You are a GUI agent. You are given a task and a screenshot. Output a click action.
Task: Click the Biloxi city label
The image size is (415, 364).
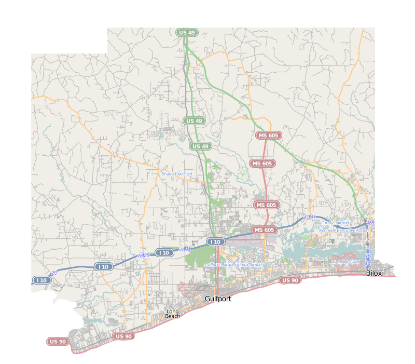point(375,273)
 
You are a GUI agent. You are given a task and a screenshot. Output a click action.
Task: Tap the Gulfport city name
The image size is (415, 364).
point(217,299)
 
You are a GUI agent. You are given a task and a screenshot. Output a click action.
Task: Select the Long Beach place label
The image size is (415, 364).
point(173,314)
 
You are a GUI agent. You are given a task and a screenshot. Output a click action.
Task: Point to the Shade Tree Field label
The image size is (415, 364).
point(177,173)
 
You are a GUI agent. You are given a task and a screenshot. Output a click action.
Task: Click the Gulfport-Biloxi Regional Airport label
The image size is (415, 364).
point(233,265)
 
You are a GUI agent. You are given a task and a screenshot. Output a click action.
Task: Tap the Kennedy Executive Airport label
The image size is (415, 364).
point(344,230)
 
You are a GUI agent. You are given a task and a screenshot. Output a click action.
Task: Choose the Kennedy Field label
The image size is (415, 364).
point(345,262)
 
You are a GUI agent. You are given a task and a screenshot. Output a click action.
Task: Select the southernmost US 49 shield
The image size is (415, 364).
point(200,146)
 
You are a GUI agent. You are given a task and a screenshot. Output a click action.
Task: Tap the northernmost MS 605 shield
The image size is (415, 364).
point(268,136)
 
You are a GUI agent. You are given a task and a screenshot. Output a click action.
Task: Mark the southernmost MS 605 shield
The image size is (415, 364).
point(264,230)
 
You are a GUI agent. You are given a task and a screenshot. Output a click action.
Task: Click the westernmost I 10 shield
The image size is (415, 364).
point(41,280)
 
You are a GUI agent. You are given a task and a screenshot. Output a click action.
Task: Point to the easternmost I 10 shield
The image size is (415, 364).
point(216,241)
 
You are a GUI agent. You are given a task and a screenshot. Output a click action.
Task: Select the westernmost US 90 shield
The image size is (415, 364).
point(58,341)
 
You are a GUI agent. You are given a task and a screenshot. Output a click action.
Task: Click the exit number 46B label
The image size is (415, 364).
point(370,223)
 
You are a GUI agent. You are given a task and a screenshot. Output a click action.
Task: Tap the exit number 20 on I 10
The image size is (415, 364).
point(54,273)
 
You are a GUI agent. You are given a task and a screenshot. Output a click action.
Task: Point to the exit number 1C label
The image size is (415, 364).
point(368,263)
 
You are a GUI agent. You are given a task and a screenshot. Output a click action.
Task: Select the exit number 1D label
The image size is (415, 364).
point(368,255)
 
